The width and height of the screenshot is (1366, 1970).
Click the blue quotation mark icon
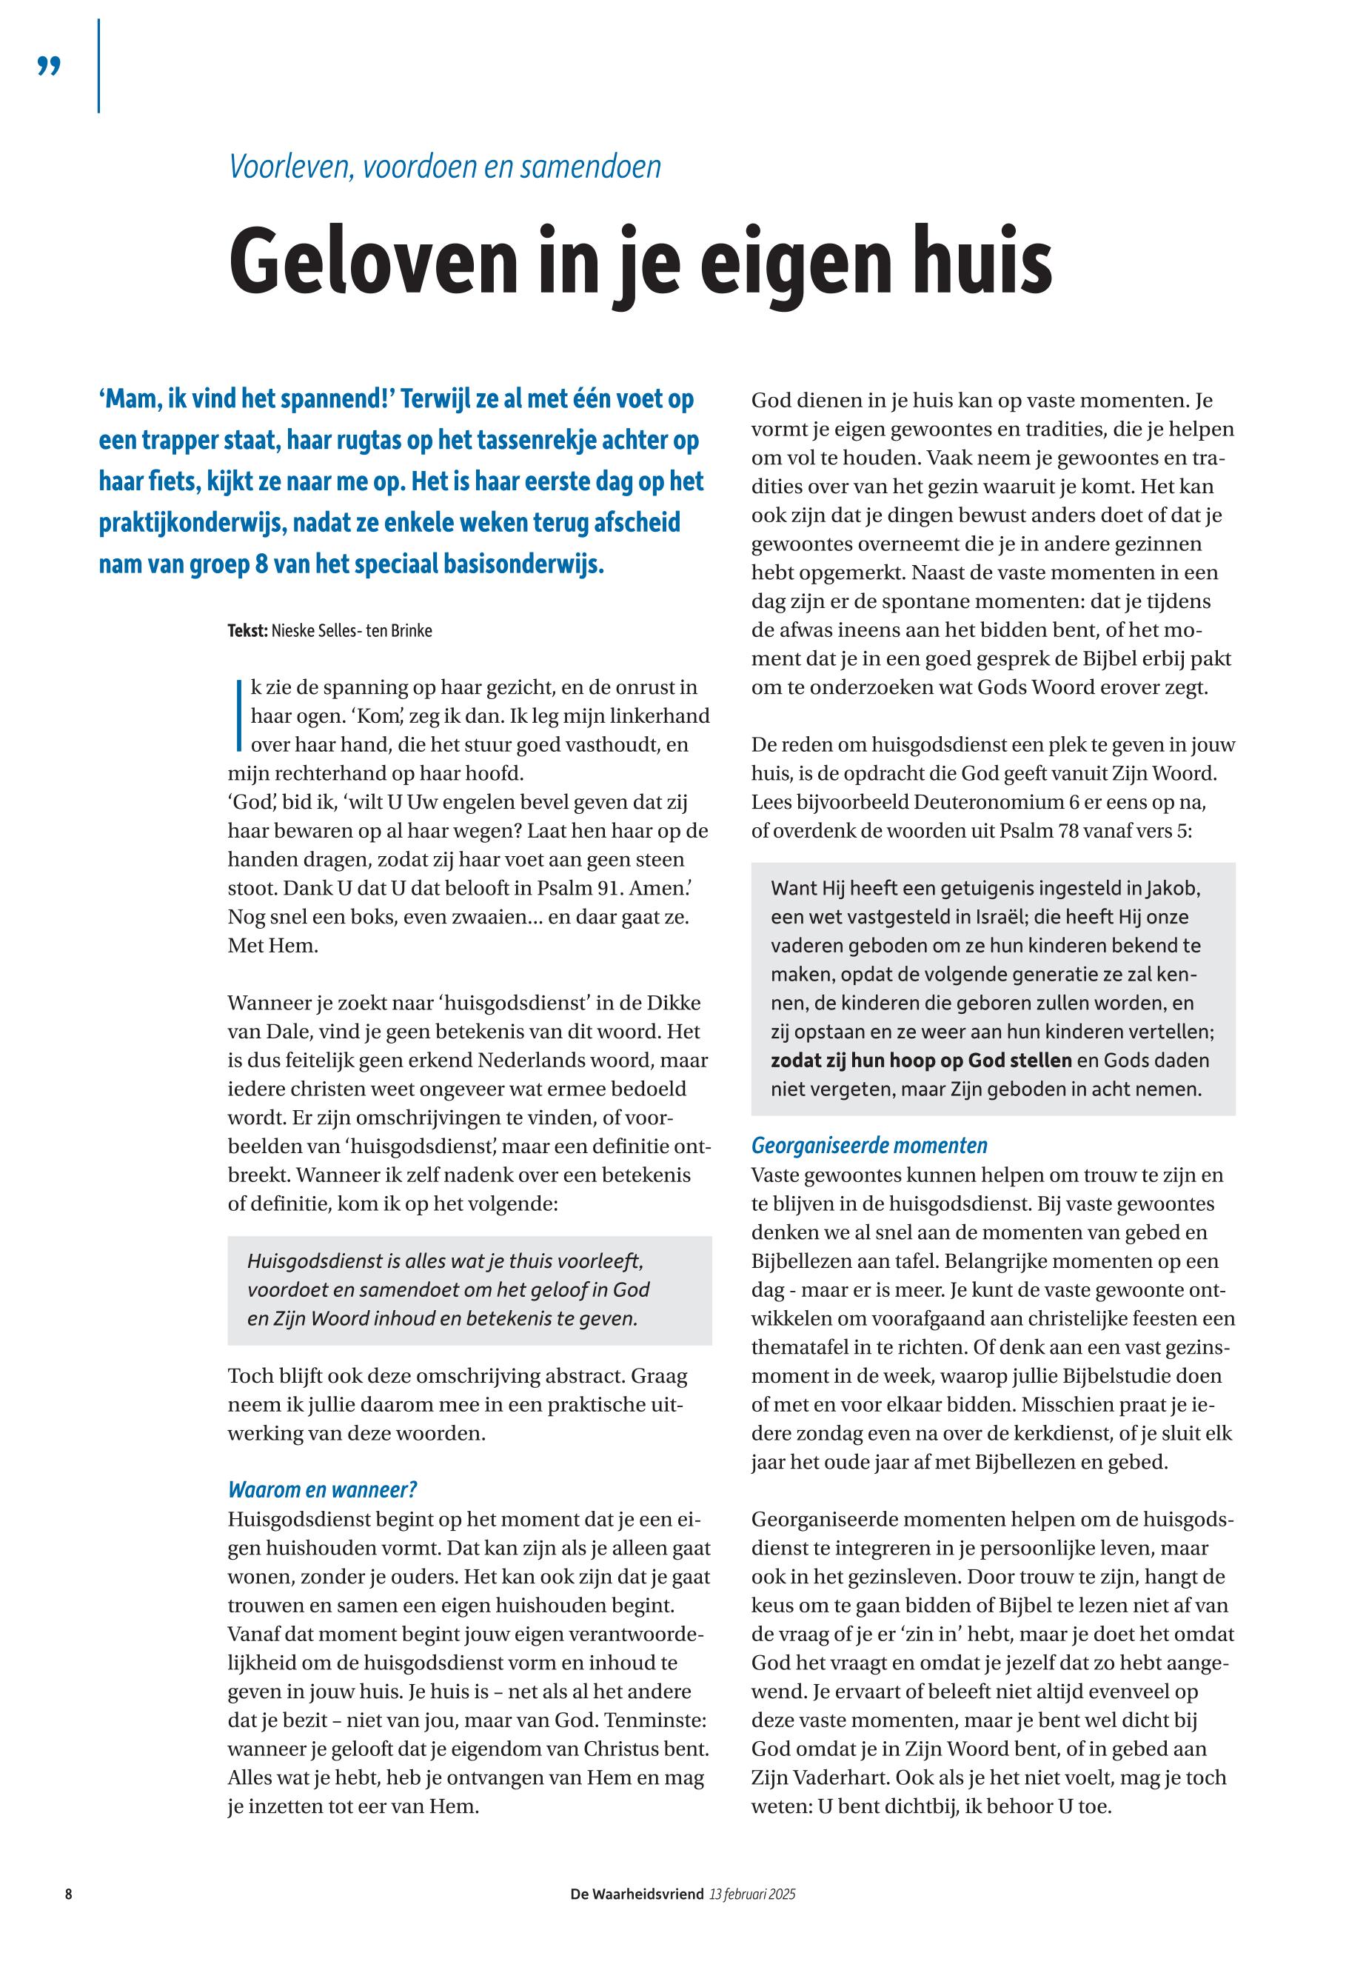tap(49, 66)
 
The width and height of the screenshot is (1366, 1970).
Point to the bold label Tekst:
tap(247, 631)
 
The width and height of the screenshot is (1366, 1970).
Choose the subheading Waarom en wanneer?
tap(322, 1489)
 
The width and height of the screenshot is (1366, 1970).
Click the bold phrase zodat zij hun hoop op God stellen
tap(921, 1060)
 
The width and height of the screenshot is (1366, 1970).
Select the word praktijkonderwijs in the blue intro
tap(191, 523)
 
